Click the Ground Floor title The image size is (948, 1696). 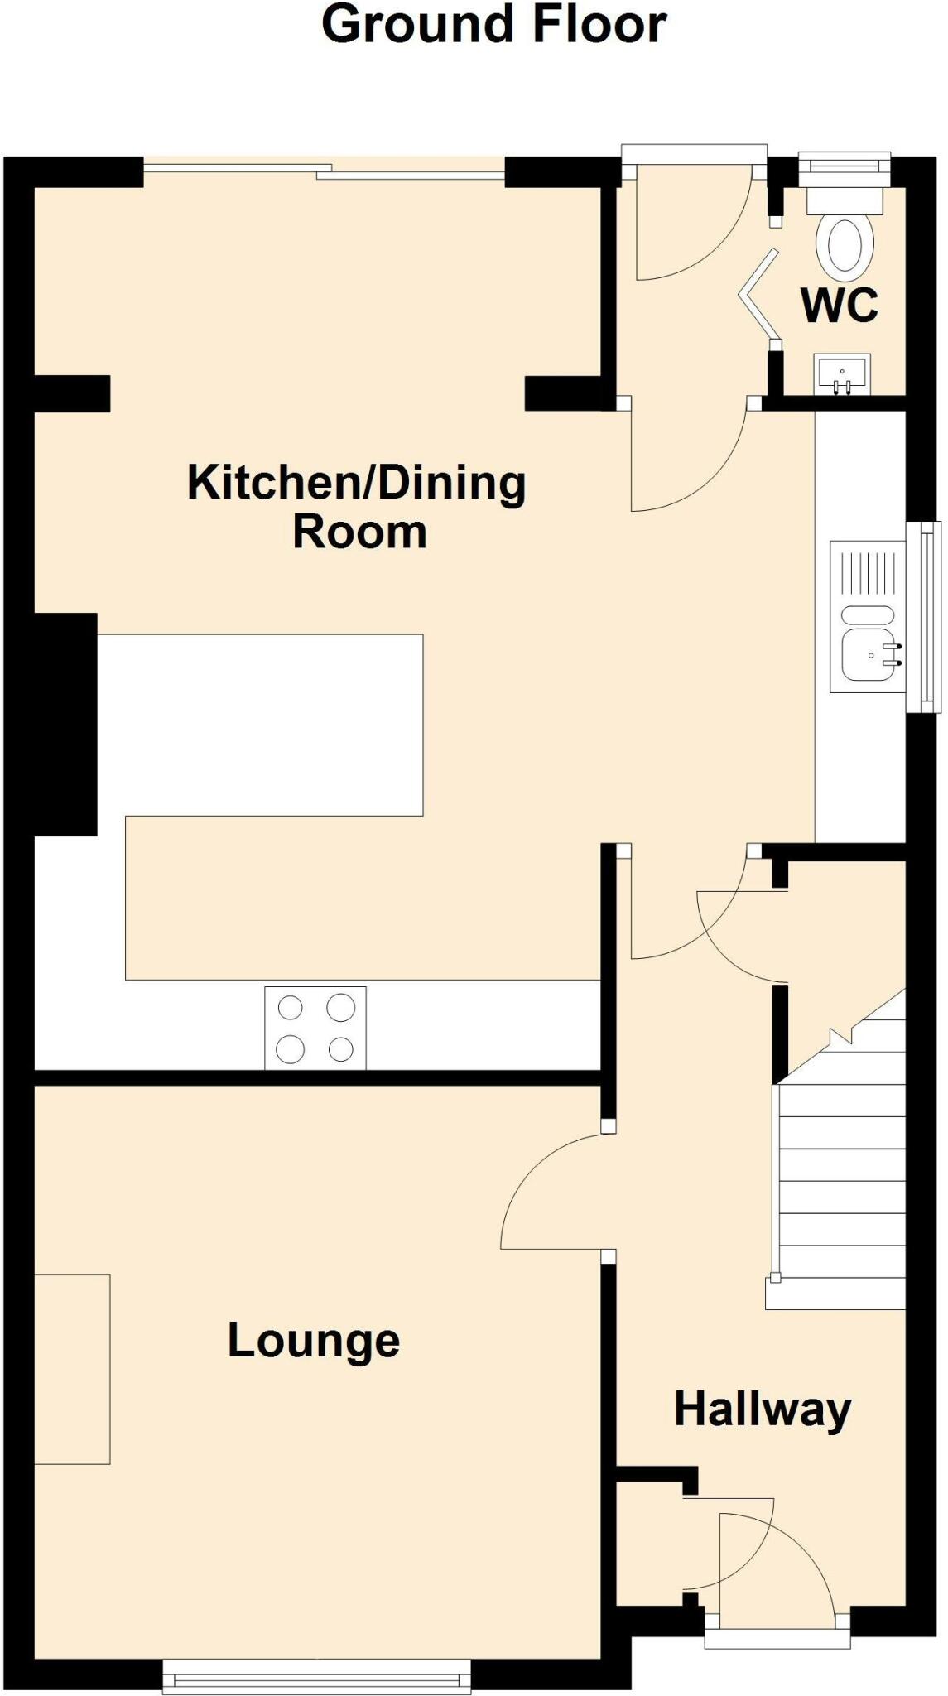pos(493,25)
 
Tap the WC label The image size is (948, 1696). pos(839,306)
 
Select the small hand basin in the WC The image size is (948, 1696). pos(842,372)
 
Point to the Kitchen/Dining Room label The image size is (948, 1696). pos(357,505)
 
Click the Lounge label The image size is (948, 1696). pos(314,1341)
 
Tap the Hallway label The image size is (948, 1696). pos(762,1409)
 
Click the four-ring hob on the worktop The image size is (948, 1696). pos(315,1028)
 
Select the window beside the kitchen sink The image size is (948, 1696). pos(926,617)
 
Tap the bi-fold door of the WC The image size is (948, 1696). pos(760,294)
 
